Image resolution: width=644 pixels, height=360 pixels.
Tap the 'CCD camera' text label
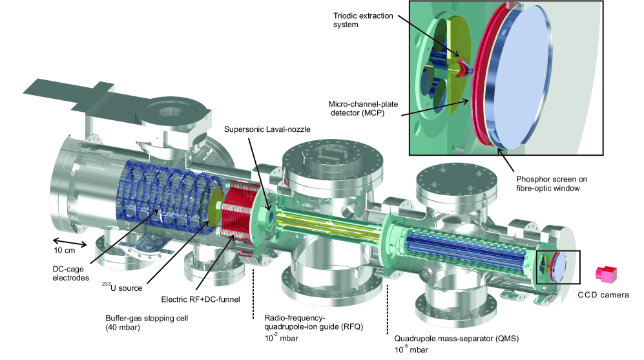coord(603,295)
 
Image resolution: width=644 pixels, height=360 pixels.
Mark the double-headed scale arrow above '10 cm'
coord(65,237)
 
